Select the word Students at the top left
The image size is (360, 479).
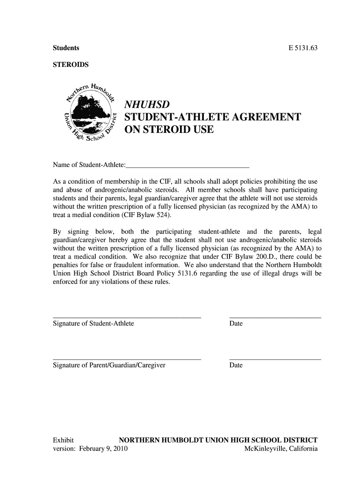click(66, 48)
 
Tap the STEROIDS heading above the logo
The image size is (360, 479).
click(70, 65)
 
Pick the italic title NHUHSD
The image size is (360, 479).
click(146, 104)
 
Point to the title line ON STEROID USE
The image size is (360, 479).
click(168, 130)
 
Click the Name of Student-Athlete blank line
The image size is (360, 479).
click(188, 166)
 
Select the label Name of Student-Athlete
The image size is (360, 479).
click(89, 165)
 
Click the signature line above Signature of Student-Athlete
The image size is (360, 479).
click(127, 318)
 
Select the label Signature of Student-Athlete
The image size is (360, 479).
click(94, 324)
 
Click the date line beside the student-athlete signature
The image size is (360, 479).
click(275, 318)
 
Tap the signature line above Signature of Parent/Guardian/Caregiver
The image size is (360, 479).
click(127, 359)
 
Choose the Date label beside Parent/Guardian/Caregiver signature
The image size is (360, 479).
click(236, 365)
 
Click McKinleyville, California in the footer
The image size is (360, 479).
click(281, 449)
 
